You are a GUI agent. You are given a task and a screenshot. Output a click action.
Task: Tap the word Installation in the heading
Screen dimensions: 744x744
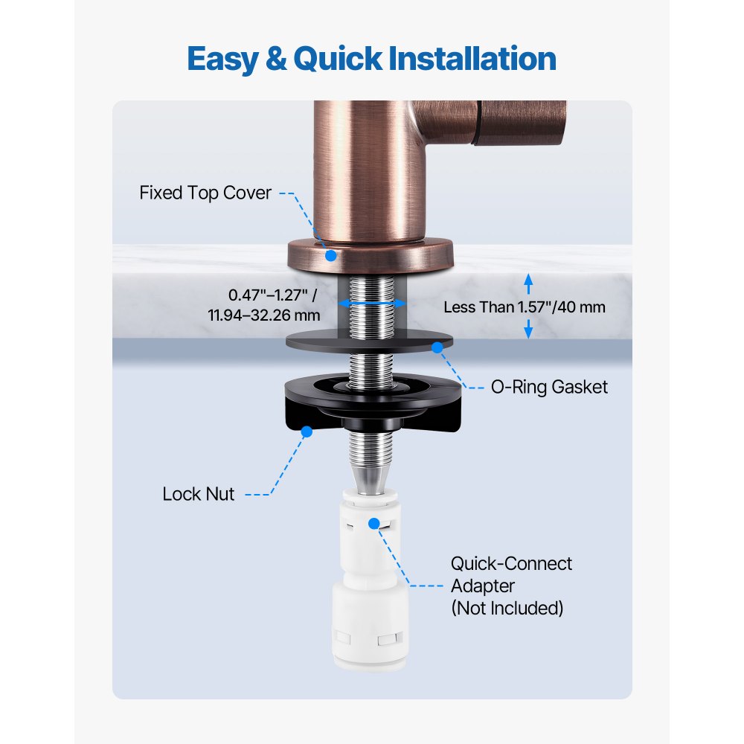(x=453, y=58)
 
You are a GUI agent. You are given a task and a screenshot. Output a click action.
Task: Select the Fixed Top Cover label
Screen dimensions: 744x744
(x=205, y=193)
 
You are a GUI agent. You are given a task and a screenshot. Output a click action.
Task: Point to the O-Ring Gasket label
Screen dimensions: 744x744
(x=550, y=387)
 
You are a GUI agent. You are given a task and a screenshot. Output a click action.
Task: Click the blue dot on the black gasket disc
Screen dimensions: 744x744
(x=437, y=347)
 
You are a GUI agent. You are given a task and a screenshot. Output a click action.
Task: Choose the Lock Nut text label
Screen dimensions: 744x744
(x=198, y=494)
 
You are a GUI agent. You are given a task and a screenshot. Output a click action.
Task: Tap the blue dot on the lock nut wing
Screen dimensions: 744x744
(x=306, y=429)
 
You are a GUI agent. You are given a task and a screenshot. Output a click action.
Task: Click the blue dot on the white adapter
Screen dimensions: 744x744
(x=374, y=525)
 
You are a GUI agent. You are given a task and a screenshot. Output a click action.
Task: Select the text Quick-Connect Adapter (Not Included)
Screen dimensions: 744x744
(x=510, y=586)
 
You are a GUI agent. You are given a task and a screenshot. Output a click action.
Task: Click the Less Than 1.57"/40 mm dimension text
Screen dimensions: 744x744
(x=525, y=307)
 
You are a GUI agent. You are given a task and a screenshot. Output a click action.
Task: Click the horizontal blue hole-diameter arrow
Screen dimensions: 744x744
(x=372, y=304)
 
